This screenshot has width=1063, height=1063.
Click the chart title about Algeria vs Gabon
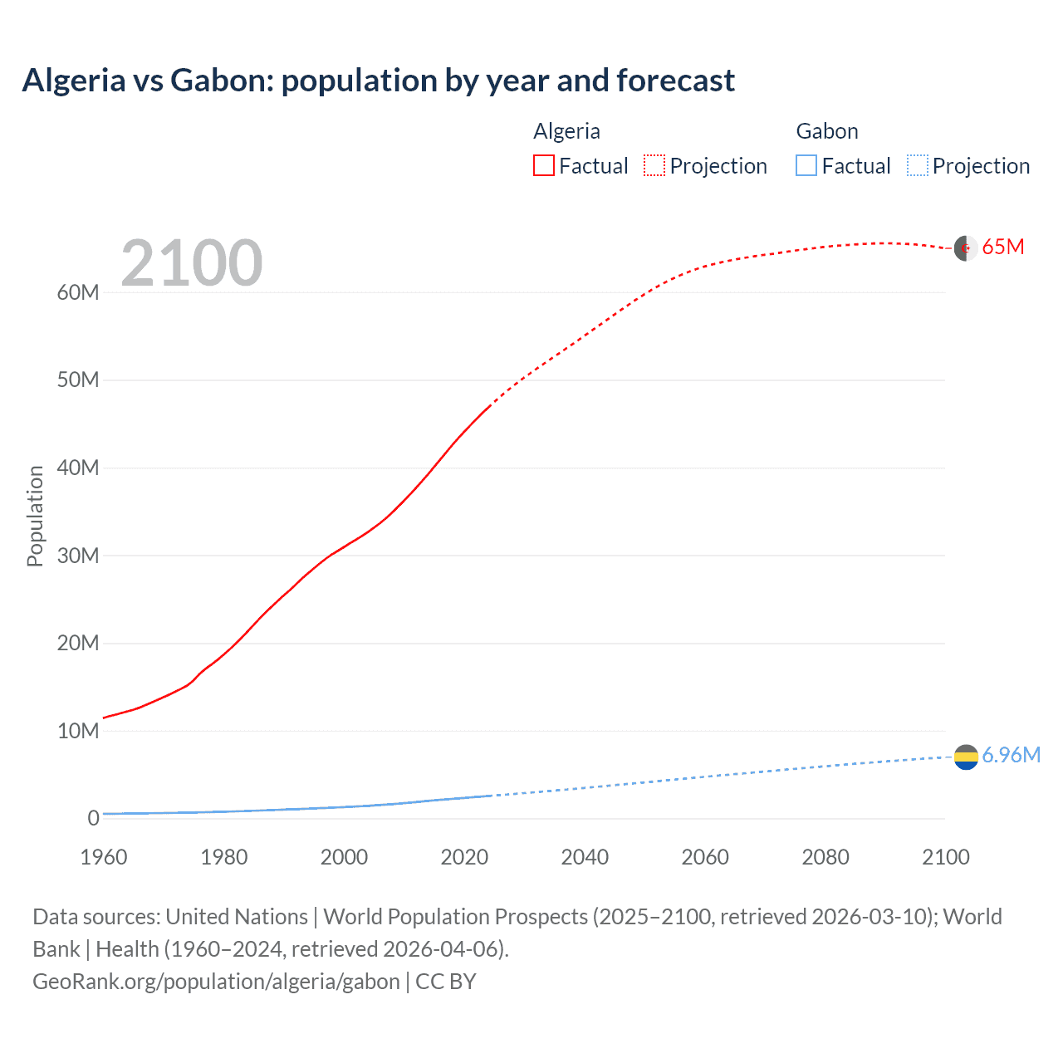coord(378,81)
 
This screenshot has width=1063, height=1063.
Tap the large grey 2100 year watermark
coord(192,263)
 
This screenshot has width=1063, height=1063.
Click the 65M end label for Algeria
coord(1002,247)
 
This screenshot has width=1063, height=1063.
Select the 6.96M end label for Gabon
coord(1011,755)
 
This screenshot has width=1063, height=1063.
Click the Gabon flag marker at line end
coord(966,757)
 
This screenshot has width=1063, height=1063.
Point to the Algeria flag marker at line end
coord(965,248)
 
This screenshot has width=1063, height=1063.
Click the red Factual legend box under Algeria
coord(544,165)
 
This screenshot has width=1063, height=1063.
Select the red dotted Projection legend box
coord(654,165)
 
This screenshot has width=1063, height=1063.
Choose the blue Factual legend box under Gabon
coord(806,165)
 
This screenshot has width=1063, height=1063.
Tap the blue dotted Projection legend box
coord(918,165)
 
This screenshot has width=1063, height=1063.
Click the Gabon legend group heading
coord(826,131)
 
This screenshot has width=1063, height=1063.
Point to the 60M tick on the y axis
coord(78,292)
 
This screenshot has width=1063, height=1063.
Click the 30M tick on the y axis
coord(78,556)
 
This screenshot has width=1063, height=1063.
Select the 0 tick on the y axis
coord(93,818)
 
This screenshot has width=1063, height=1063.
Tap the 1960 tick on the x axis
coord(104,857)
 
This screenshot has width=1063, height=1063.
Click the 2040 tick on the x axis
coord(585,857)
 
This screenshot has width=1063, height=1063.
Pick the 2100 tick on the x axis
coord(945,857)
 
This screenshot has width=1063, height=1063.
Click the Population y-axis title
coord(35,516)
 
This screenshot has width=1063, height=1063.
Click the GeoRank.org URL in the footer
coord(216,982)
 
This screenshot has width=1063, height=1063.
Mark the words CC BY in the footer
coord(446,982)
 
